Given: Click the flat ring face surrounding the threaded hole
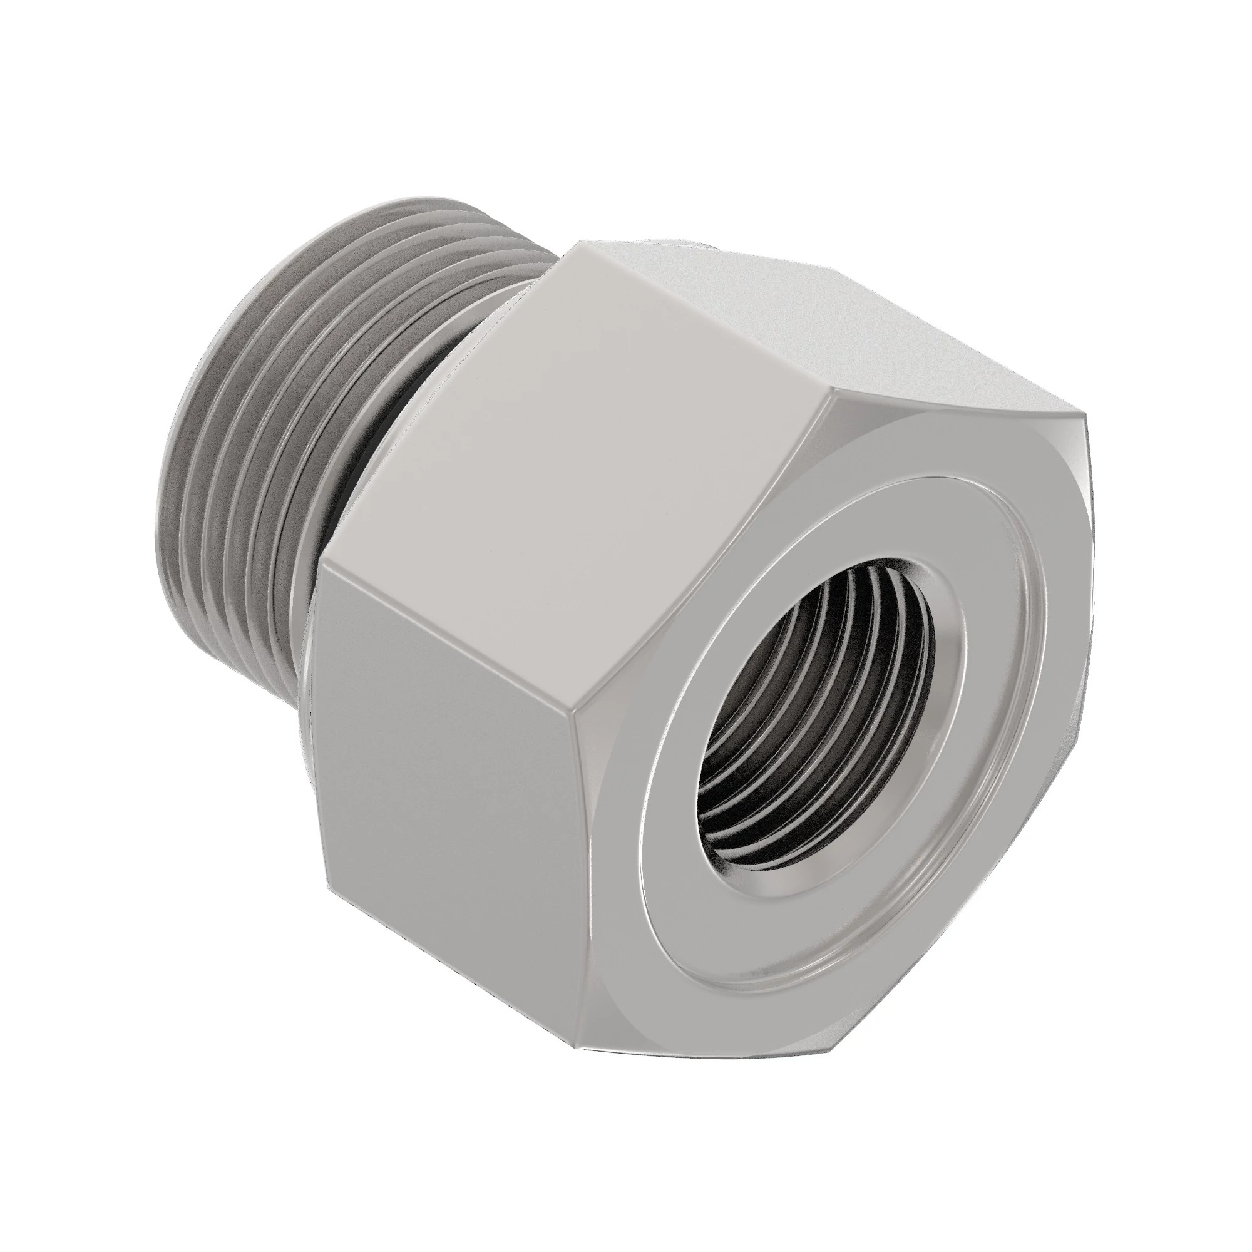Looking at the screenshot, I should tap(713, 907).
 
